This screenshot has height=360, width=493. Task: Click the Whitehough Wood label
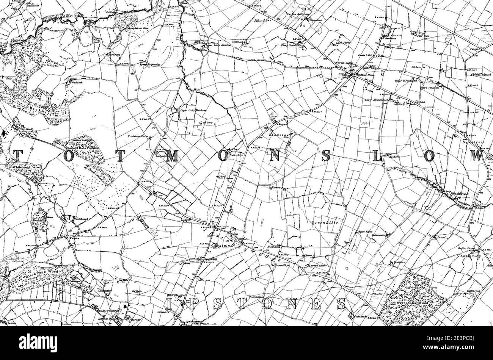click(x=27, y=166)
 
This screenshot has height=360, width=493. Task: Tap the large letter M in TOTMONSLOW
click(x=171, y=156)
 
